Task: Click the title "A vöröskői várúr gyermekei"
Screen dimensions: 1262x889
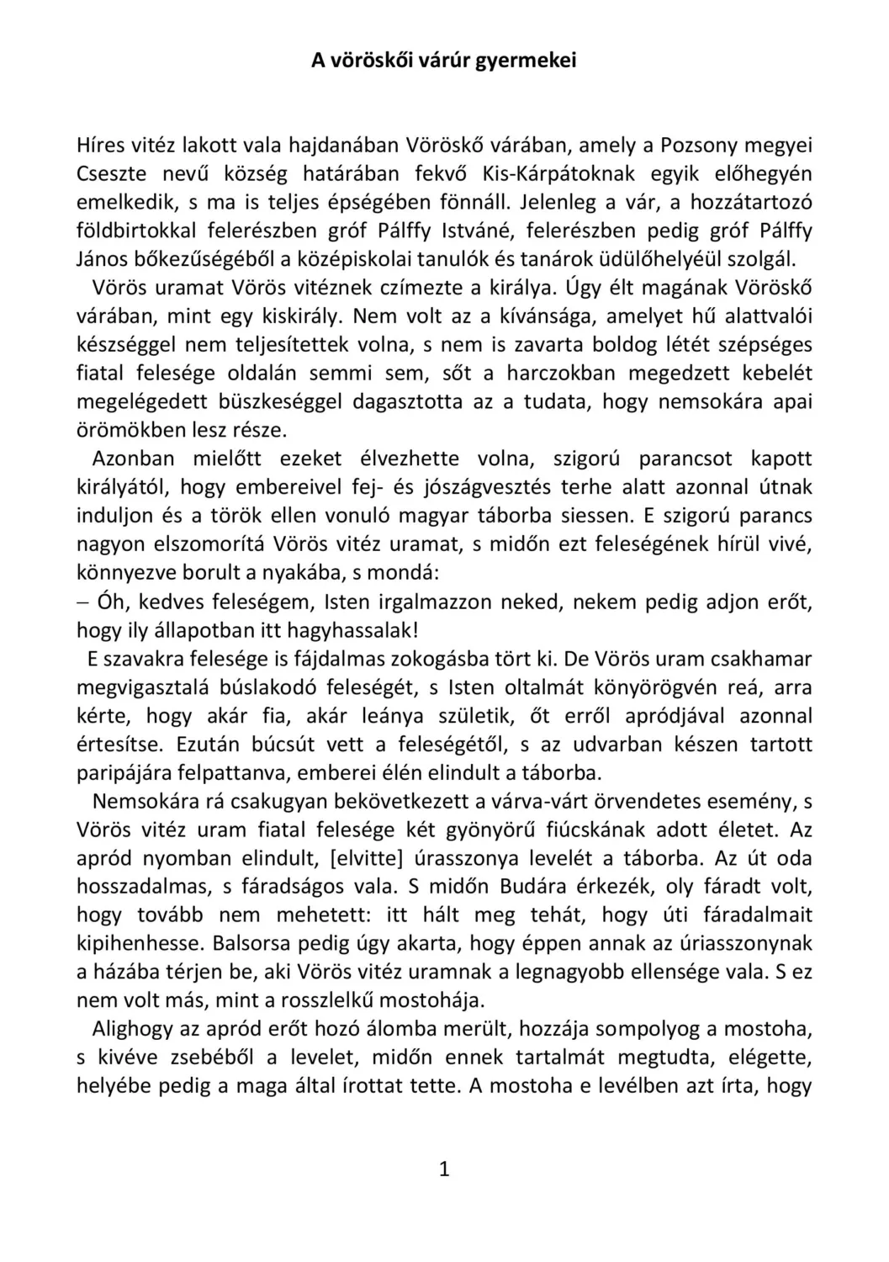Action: click(x=444, y=61)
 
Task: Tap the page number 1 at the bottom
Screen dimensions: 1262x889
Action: click(x=445, y=1169)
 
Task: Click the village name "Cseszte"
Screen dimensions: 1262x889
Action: click(x=112, y=174)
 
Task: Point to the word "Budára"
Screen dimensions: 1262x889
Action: click(x=536, y=887)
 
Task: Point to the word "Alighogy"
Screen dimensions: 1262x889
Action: click(x=134, y=1029)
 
